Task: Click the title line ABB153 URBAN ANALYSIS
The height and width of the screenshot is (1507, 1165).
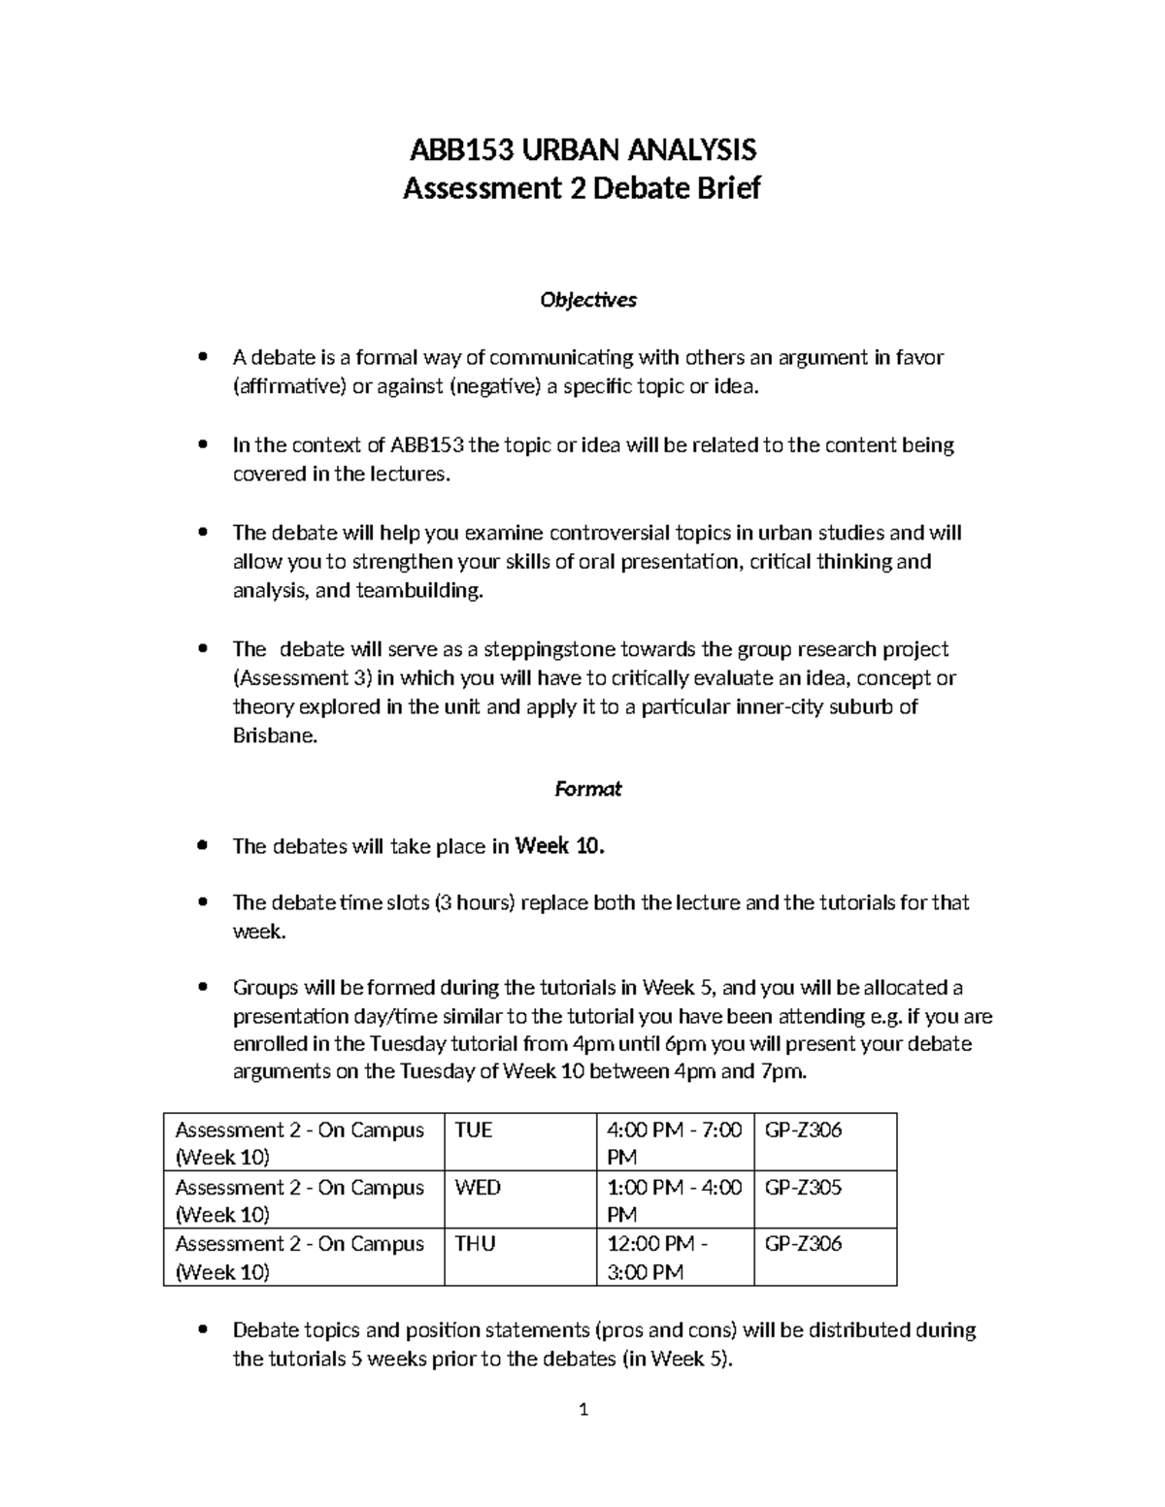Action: (582, 150)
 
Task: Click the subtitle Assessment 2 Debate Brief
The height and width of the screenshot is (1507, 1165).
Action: (582, 187)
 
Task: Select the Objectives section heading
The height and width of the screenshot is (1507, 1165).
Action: (587, 300)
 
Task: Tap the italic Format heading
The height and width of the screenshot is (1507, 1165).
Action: (587, 789)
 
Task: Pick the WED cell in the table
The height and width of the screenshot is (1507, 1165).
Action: (478, 1188)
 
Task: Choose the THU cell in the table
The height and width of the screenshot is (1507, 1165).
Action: (476, 1244)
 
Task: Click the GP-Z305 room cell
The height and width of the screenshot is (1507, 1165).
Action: (803, 1188)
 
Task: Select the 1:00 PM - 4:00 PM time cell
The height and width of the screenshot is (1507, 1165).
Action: (673, 1200)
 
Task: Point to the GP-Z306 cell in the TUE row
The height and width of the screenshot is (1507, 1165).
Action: (803, 1130)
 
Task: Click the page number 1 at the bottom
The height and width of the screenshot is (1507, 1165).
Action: (583, 1409)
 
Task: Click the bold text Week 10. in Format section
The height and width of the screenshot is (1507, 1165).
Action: (559, 846)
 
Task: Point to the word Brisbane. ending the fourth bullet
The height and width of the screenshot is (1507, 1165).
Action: (275, 736)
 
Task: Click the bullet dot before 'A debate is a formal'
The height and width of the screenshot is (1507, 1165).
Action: (202, 357)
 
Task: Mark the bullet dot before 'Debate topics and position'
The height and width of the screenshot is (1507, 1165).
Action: (202, 1329)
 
